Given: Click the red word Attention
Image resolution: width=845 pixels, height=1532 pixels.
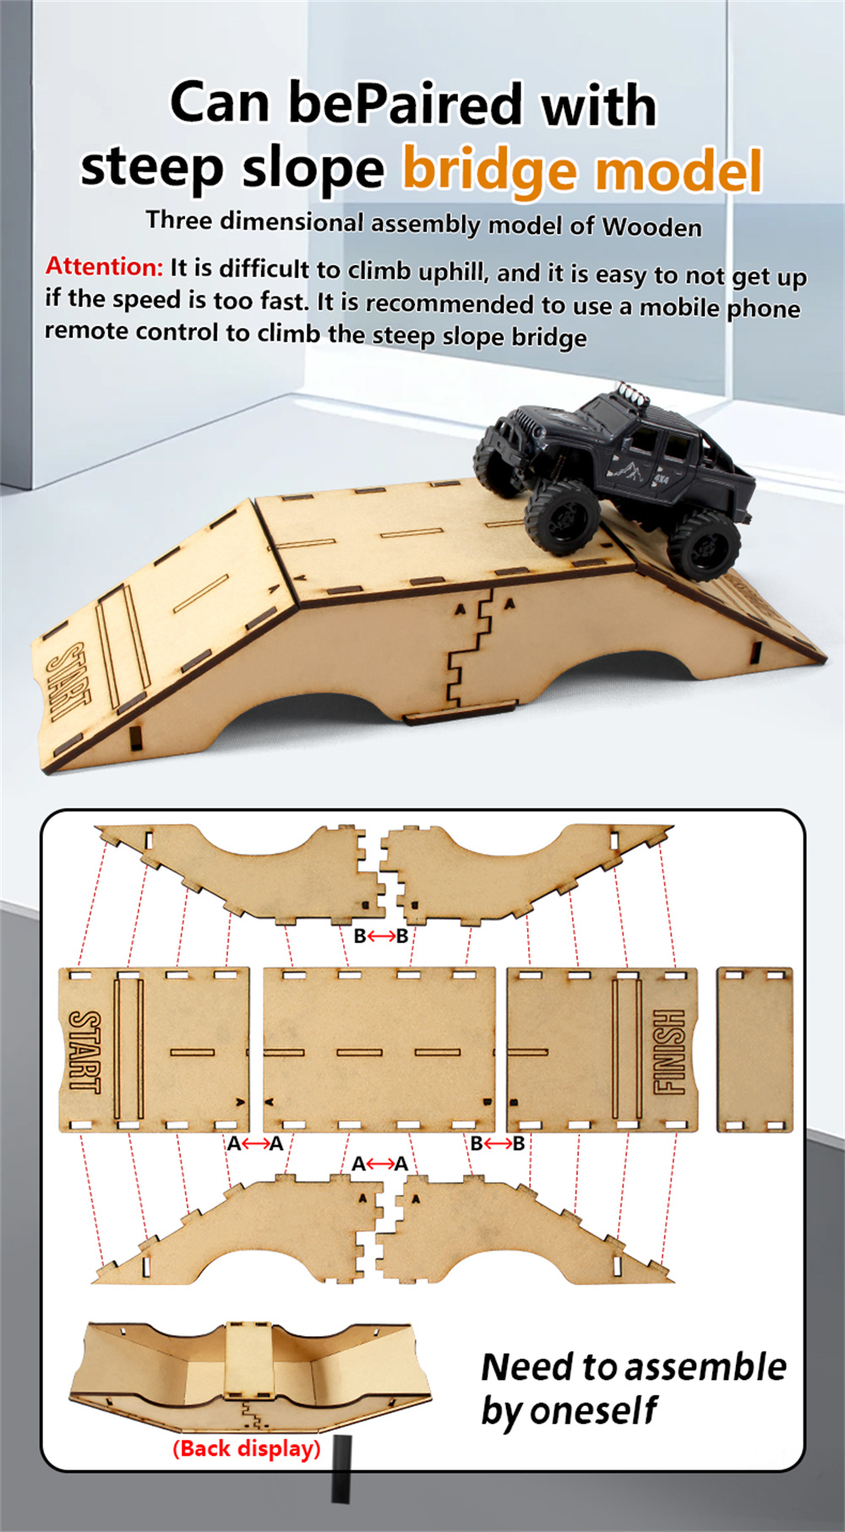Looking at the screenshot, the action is pos(103,266).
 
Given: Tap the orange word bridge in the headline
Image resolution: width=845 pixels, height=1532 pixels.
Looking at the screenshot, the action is pos(491,169).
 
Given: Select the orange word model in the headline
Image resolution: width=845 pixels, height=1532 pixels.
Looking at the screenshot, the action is pos(679,171).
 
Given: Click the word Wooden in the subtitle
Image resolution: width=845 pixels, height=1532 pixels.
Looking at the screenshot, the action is pos(651,227).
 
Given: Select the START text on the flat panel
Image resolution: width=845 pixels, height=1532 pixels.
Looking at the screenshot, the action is pos(84,1051).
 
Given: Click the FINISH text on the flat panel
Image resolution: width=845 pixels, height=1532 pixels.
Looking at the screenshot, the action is pos(668,1052).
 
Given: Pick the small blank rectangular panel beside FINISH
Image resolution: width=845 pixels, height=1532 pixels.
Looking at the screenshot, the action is pos(755,1050).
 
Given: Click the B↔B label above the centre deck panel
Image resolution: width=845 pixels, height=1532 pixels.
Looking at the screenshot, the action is pos(381,935).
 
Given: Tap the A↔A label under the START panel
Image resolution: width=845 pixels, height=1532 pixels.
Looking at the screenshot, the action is pos(255,1144).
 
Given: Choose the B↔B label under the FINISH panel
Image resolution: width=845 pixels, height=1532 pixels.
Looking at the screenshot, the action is pos(498,1143).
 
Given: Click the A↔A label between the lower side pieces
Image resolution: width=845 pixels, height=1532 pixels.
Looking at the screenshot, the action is pos(380,1164).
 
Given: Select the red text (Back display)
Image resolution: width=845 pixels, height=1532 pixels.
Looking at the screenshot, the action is pos(247,1448).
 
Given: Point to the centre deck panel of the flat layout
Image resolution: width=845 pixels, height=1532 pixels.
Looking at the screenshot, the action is pos(379,1050).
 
